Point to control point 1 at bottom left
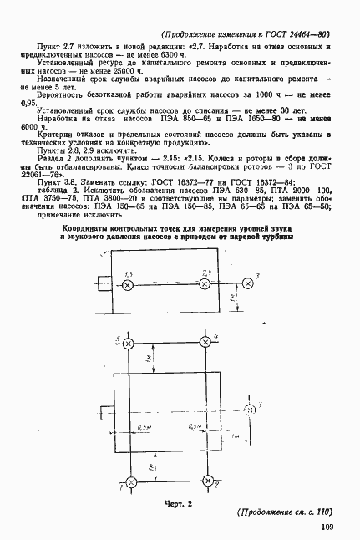(129, 482)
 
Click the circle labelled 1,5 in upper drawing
(128, 286)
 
